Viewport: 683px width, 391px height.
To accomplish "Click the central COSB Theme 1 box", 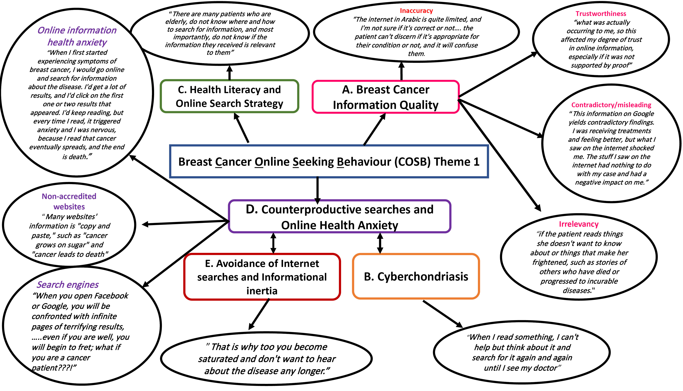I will pyautogui.click(x=329, y=162).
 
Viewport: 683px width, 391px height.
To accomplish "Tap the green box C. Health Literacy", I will pyautogui.click(x=229, y=96).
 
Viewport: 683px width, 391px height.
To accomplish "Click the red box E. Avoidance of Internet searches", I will pyautogui.click(x=262, y=277).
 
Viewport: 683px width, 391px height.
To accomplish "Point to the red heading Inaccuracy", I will pyautogui.click(x=416, y=11).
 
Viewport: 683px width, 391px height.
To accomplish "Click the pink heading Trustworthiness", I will pyautogui.click(x=601, y=14).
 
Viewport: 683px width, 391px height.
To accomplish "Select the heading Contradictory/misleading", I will pyautogui.click(x=611, y=105).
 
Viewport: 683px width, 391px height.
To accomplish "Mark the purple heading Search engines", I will pyautogui.click(x=68, y=285).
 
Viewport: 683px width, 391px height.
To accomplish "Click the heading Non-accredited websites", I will pyautogui.click(x=69, y=201).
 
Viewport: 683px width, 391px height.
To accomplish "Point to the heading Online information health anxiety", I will pyautogui.click(x=77, y=36).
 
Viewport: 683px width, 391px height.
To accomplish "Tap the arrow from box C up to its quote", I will pyautogui.click(x=229, y=73).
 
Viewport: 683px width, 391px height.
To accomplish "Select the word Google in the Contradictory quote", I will pyautogui.click(x=641, y=114).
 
